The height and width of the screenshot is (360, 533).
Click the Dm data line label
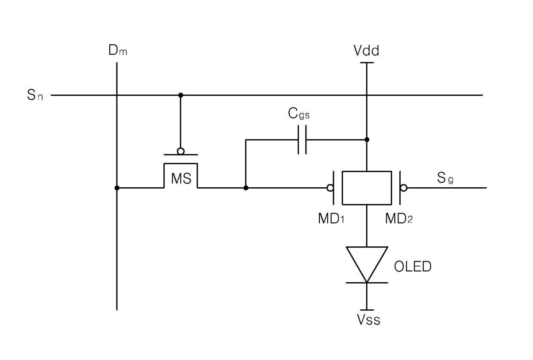[118, 50]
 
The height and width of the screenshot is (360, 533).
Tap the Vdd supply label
[366, 50]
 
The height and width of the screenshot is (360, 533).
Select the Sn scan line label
[35, 95]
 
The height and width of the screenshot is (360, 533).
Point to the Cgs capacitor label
[299, 113]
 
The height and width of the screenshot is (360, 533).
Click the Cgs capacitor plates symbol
[302, 140]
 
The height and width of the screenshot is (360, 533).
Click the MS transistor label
[181, 178]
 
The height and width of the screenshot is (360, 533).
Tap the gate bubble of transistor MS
[181, 151]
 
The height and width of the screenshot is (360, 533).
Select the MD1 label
[331, 218]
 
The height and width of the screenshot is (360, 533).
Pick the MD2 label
[399, 218]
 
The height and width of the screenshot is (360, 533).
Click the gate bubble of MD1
[330, 188]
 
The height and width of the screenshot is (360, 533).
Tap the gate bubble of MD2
[404, 188]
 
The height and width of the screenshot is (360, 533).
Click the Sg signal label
[445, 177]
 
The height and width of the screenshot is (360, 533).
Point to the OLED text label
[413, 266]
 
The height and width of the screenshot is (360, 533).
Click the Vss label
[368, 320]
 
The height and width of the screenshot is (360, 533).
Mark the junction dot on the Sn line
[181, 95]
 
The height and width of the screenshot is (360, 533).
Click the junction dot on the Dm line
[117, 188]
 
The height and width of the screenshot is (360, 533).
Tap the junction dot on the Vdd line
[367, 140]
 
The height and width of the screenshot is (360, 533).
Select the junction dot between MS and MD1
[246, 188]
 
